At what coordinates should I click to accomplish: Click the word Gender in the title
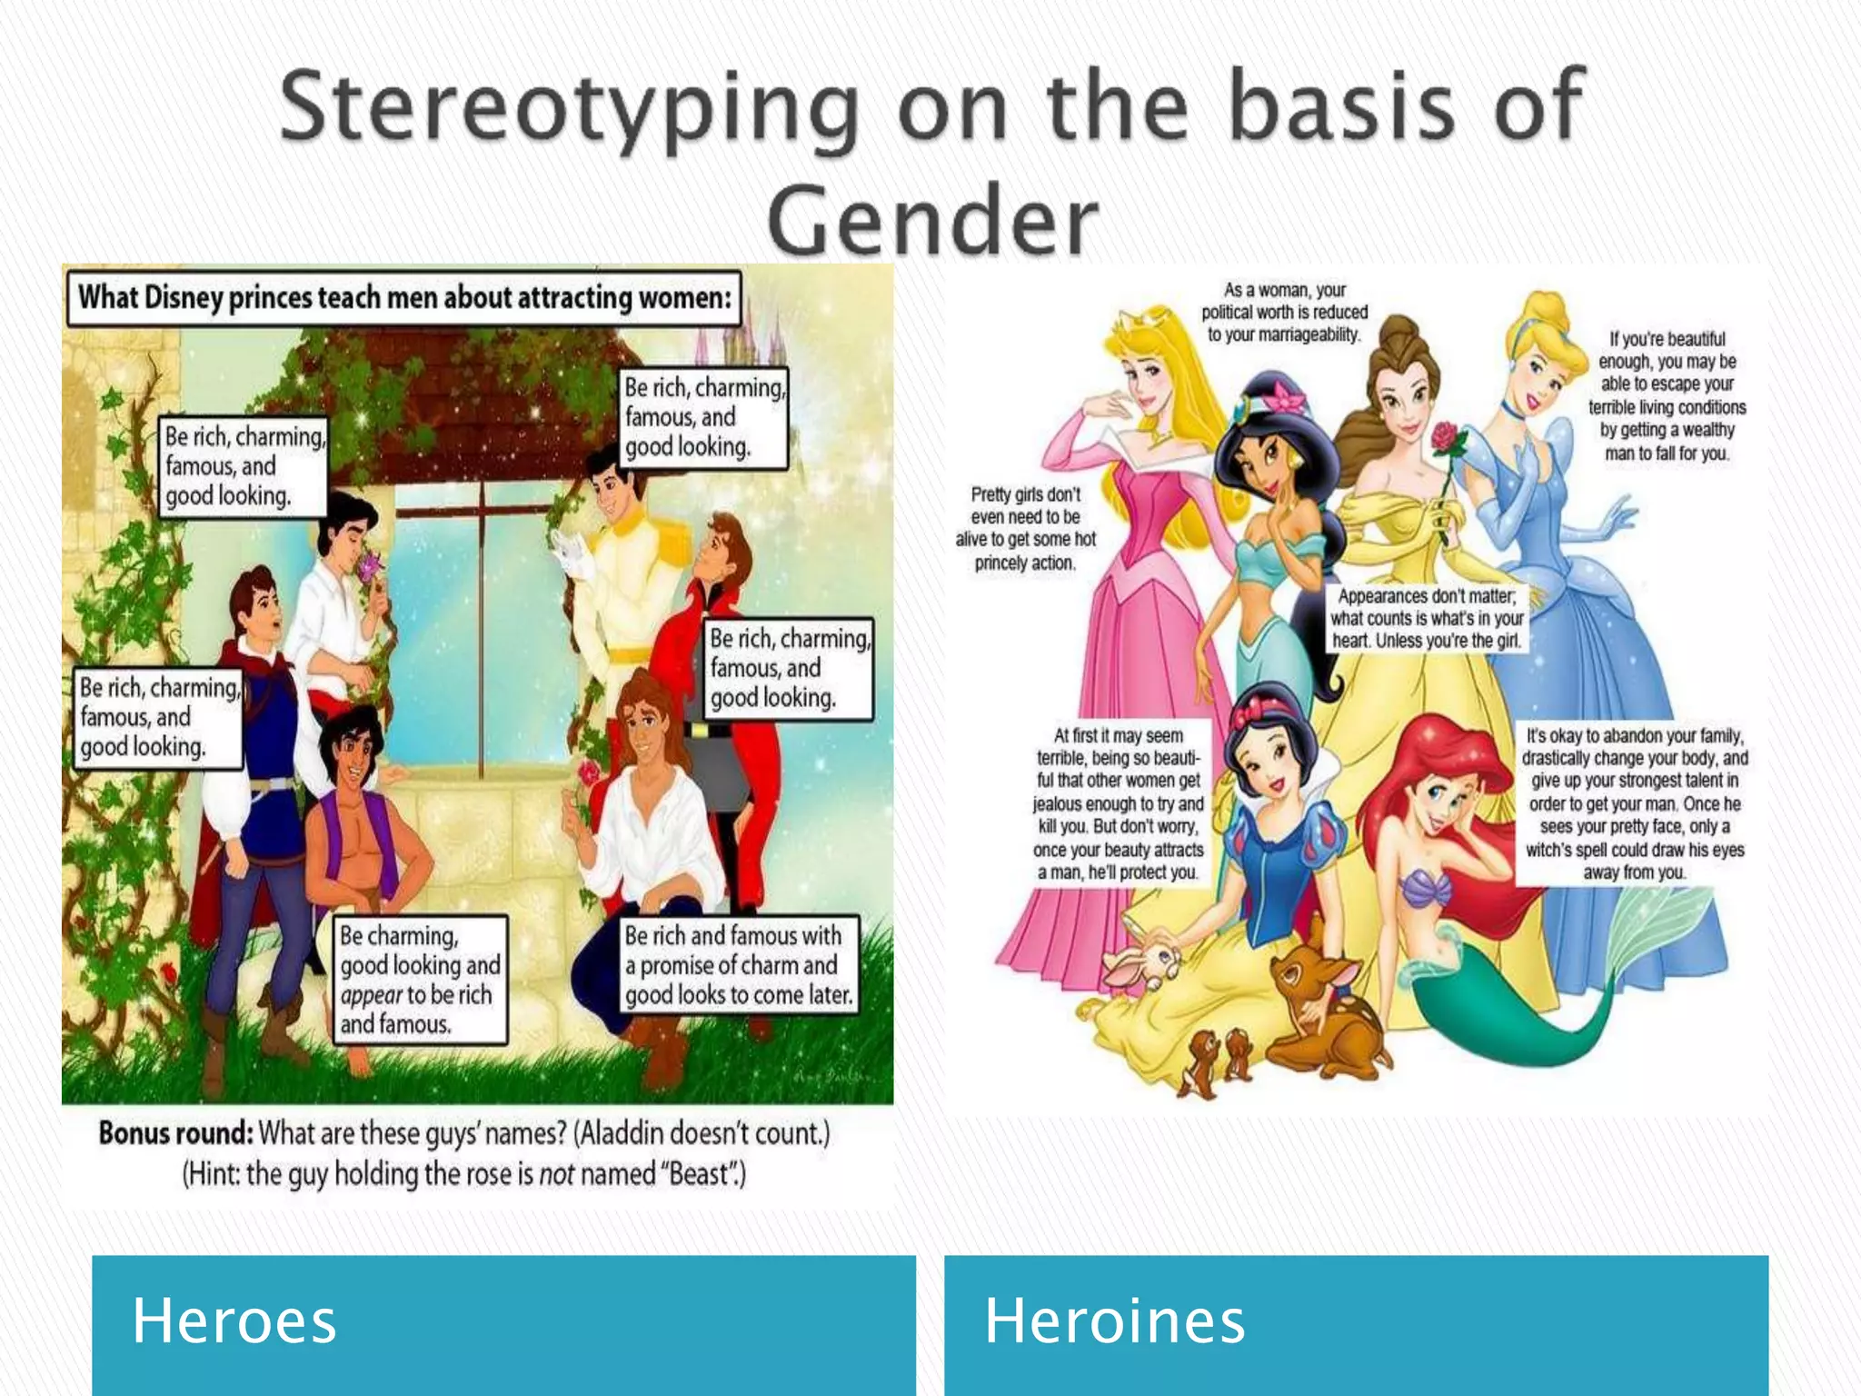pos(932,221)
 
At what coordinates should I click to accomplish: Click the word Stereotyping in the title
pos(569,109)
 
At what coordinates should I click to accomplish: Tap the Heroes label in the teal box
pos(234,1321)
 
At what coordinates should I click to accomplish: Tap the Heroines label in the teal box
pos(1114,1321)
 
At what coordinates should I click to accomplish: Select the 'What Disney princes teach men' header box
pos(404,298)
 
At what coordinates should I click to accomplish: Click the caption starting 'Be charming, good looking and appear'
pos(419,980)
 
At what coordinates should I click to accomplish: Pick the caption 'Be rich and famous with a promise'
pos(738,965)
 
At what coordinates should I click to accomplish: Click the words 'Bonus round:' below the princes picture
pos(175,1133)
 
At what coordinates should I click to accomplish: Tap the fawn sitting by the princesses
pos(1322,1009)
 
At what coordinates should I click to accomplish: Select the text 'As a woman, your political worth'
pos(1284,312)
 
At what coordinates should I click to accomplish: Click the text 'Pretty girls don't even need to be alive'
pos(1025,529)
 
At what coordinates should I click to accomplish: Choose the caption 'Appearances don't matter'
pos(1426,618)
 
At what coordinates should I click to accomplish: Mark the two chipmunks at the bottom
pos(1219,1059)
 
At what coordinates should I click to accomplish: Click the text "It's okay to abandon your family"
pos(1634,803)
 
